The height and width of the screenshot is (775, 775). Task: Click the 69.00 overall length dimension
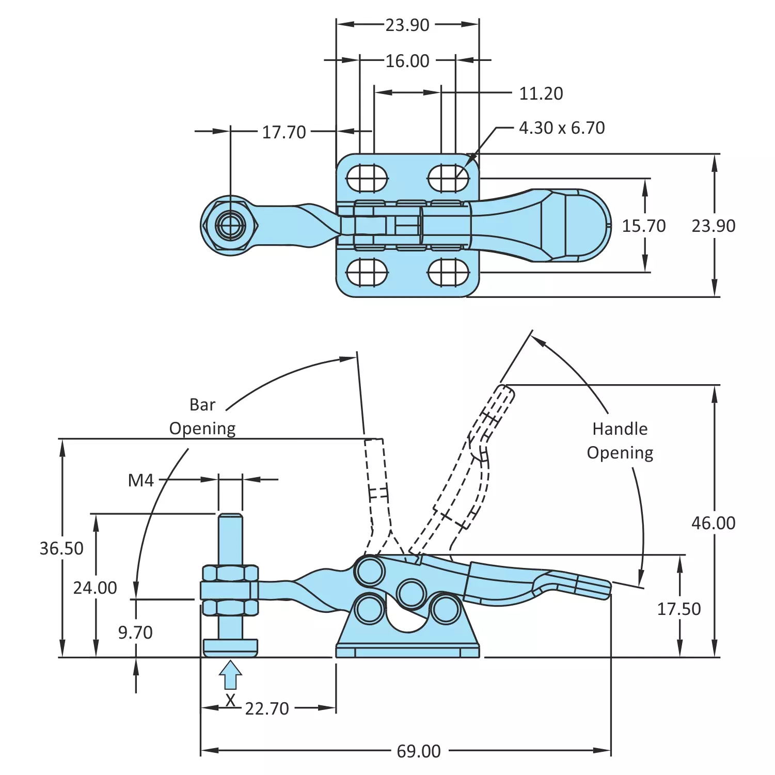pos(418,751)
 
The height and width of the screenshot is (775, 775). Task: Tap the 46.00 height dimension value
pos(713,523)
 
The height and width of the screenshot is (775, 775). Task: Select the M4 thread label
pos(140,480)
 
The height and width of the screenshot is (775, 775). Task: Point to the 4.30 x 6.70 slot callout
pos(561,128)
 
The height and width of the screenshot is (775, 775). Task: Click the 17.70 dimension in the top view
pos(283,132)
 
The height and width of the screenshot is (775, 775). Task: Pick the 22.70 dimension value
pos(266,708)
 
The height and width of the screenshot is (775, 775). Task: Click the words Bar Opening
pos(202,416)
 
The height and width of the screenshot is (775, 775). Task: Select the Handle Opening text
pos(620,440)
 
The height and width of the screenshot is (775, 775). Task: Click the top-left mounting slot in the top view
pos(367,179)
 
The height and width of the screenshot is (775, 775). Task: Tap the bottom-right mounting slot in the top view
pos(448,272)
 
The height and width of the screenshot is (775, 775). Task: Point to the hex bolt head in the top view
pos(231,225)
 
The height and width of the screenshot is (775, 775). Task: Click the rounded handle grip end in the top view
pos(589,225)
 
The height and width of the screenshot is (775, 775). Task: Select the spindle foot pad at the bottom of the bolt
pos(230,647)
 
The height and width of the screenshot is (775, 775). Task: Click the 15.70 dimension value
pos(643,226)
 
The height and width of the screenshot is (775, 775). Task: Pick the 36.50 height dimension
pos(61,548)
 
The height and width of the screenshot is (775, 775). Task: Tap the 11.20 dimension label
pos(541,93)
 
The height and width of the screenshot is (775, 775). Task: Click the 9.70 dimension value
pos(135,632)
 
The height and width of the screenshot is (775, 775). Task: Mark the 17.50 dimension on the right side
pos(678,609)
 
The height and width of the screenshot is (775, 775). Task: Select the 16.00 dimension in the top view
pos(407,61)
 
